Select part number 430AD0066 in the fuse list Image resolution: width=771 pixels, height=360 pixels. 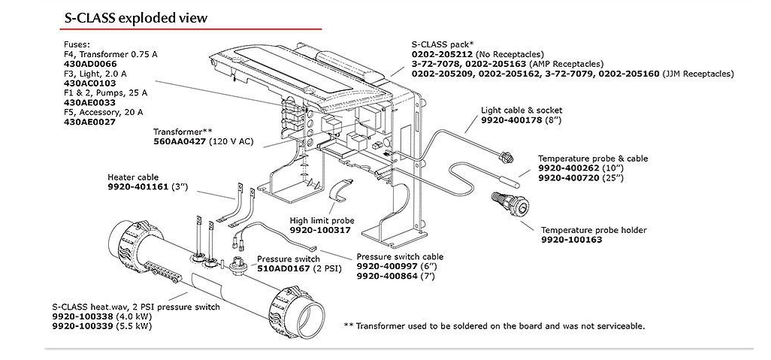tap(89, 65)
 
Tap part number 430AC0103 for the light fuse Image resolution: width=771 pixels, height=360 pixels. tap(89, 84)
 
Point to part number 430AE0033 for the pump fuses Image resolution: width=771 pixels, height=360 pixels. tap(89, 102)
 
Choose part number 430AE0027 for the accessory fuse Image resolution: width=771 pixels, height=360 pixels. tap(89, 121)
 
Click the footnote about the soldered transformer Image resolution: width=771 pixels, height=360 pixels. tap(494, 325)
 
